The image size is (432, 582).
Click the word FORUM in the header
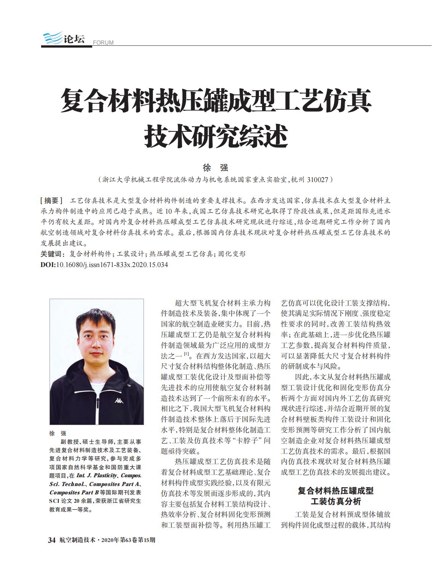click(103, 42)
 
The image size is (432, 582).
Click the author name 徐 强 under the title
click(216, 167)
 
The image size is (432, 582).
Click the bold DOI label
click(48, 265)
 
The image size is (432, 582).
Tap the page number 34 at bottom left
click(52, 540)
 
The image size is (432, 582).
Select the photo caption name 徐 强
click(58, 433)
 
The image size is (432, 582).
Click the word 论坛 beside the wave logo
click(74, 39)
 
